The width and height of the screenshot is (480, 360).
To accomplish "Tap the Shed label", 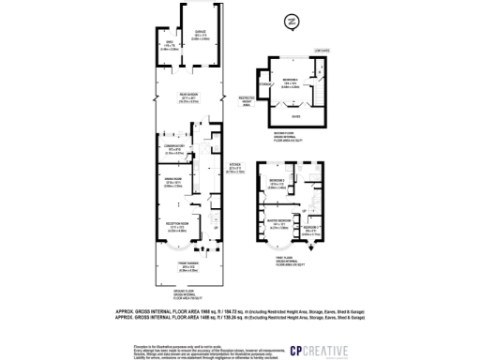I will coord(171,45).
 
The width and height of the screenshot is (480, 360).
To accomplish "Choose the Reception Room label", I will coord(180,225).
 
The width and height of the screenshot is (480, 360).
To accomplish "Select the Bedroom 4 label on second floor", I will coord(291,83).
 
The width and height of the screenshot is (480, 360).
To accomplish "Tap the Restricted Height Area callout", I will coord(248,99).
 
